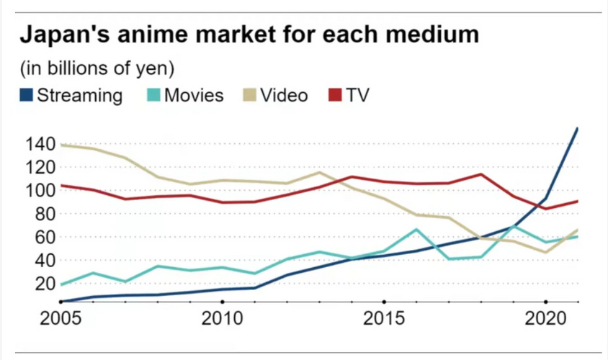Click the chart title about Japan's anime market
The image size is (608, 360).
point(249,35)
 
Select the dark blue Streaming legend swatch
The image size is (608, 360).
point(26,95)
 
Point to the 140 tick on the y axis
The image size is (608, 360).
point(39,144)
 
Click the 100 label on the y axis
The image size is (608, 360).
point(39,191)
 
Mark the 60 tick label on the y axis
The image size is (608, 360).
point(45,237)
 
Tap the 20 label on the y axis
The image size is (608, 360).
point(45,283)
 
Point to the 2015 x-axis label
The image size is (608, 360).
point(383,319)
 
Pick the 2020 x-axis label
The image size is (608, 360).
point(545,319)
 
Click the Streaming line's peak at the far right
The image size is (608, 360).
point(578,129)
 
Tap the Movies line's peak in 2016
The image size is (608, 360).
point(416,230)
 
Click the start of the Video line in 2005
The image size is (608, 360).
point(61,145)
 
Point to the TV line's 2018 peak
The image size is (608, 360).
point(480,174)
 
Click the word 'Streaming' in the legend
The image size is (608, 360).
point(79,95)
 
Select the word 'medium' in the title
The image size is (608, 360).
point(436,35)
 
